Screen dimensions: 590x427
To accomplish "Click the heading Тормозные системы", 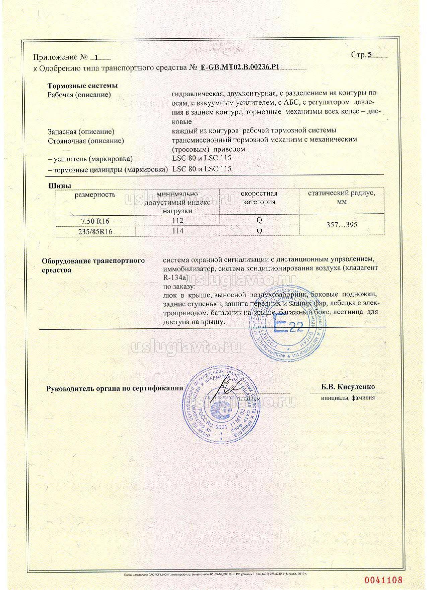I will (x=83, y=86).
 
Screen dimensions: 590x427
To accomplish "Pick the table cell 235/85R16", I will (x=95, y=231).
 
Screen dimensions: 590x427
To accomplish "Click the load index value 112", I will (x=177, y=220).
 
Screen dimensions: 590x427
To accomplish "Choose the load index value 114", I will (x=177, y=231).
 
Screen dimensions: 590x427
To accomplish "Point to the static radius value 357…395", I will (x=342, y=225).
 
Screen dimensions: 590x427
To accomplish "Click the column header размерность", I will (x=95, y=194).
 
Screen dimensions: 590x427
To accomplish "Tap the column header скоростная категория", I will (x=259, y=198).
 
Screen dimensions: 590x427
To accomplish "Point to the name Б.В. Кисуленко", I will (x=348, y=387).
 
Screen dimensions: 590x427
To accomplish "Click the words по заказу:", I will (x=178, y=287).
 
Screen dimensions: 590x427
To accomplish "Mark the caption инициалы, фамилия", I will (x=348, y=398).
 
